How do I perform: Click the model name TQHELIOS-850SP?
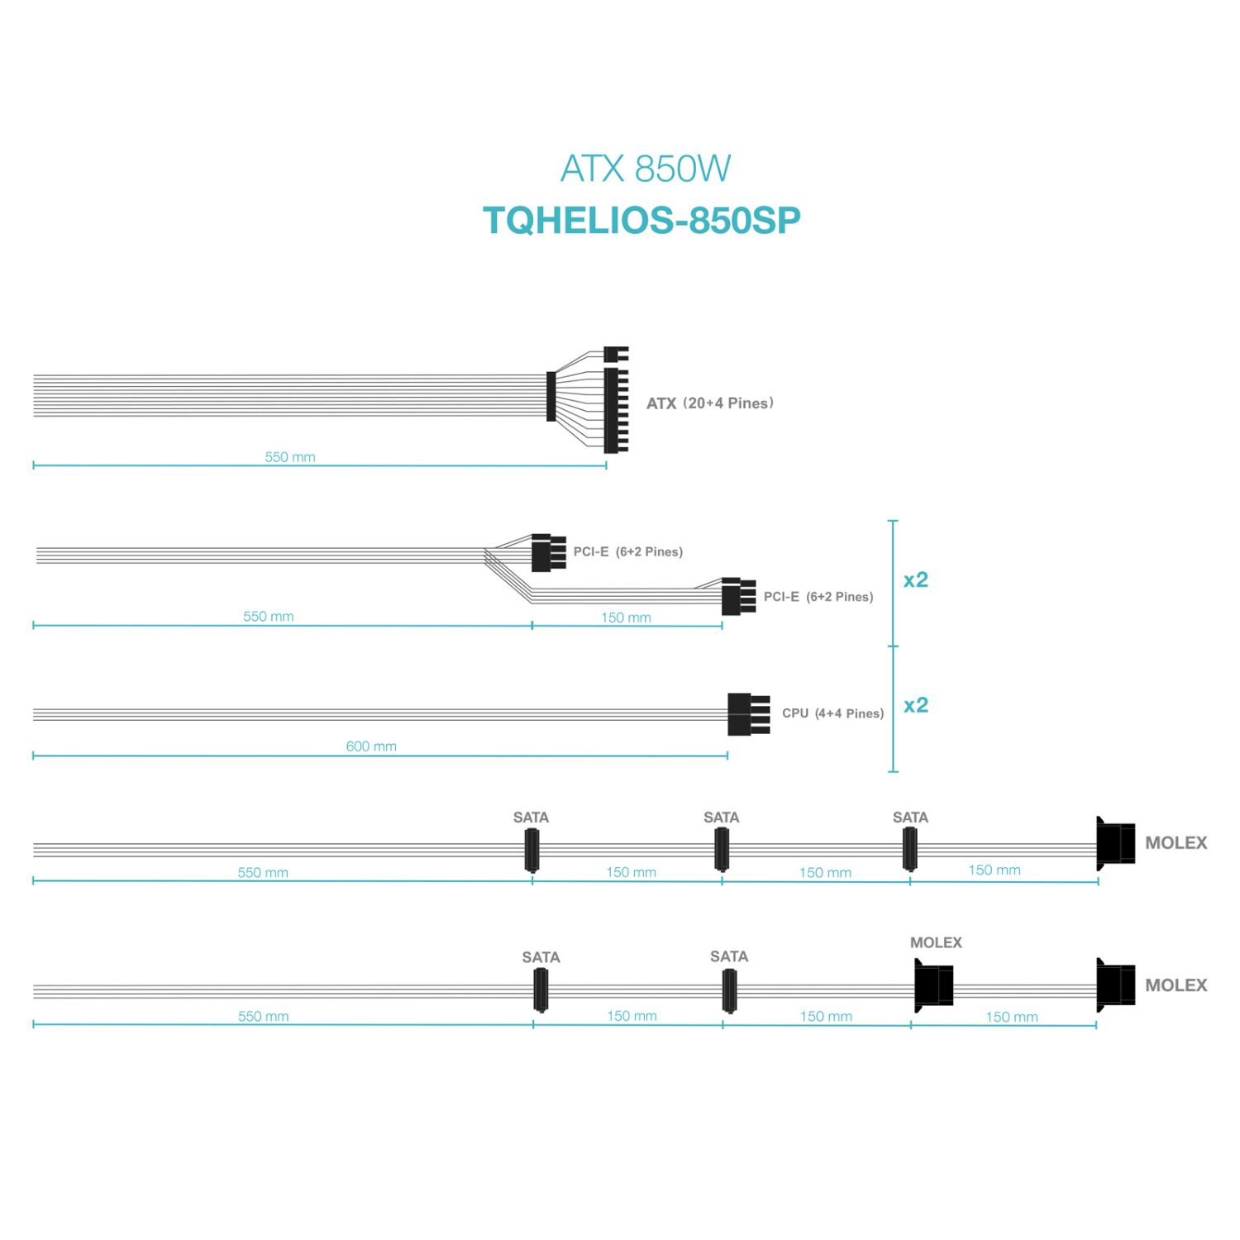pos(641,221)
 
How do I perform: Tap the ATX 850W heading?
pos(645,169)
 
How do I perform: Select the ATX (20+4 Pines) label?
pos(709,403)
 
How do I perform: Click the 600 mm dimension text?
pos(371,746)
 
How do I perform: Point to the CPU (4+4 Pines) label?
pos(832,713)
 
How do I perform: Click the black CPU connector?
pos(747,714)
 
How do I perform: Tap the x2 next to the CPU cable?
pos(916,705)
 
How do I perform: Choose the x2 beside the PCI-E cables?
pos(916,579)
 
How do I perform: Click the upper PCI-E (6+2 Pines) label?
pos(627,552)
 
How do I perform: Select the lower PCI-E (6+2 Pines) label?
pos(818,597)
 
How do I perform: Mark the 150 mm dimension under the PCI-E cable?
pos(626,618)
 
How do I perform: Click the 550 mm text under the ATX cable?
pos(290,457)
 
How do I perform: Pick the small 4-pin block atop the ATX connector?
pos(615,355)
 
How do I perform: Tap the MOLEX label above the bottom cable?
pos(936,942)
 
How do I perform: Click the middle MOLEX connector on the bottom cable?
pos(933,985)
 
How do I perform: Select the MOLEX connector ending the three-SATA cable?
pos(1115,843)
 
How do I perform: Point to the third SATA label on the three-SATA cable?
pos(910,818)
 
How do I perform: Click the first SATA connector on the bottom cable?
pos(541,990)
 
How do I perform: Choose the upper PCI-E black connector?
pos(546,552)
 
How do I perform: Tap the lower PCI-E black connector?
pos(737,596)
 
